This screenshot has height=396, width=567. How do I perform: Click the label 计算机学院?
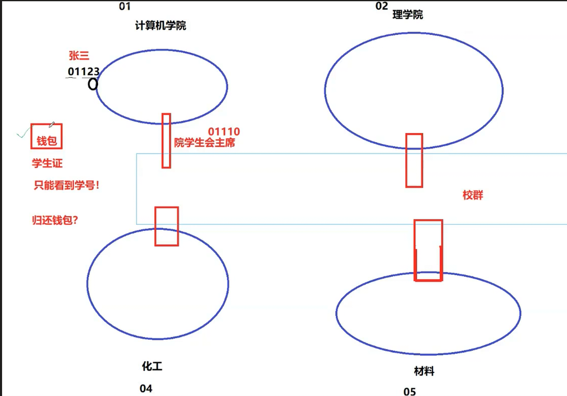[160, 26]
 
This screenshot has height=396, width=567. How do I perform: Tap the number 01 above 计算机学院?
[125, 6]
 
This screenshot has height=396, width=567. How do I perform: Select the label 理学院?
[407, 15]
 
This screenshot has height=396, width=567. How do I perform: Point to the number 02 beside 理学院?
[382, 6]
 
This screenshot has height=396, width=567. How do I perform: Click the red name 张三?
[79, 56]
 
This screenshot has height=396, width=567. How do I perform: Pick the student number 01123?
[84, 71]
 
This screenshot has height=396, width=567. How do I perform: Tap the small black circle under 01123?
[93, 84]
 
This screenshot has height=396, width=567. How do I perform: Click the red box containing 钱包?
[47, 136]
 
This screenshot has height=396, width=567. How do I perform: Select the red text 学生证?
[47, 163]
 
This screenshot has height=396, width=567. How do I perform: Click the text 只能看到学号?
[67, 185]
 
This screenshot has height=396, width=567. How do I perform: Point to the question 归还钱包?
[55, 220]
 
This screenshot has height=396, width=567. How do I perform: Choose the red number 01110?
[224, 132]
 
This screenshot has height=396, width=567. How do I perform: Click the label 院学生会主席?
[205, 143]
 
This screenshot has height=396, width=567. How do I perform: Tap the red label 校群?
[473, 195]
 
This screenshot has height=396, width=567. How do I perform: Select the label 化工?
[152, 366]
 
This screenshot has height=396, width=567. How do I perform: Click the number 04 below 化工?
[146, 389]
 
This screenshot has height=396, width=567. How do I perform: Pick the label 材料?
[424, 371]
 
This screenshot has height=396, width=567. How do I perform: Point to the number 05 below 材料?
[409, 391]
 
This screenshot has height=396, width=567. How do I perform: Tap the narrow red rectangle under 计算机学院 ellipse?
[166, 141]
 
